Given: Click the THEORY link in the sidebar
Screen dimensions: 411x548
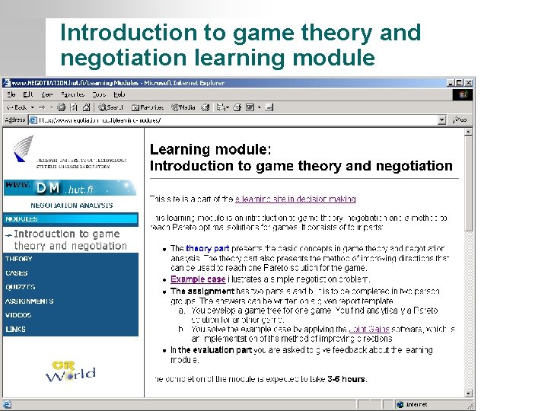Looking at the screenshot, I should [x=19, y=259].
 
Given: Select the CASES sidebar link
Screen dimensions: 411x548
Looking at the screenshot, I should [x=17, y=273].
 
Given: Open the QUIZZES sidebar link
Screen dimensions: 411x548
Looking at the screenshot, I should [x=21, y=287].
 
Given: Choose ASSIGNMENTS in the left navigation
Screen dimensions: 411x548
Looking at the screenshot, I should [x=30, y=301].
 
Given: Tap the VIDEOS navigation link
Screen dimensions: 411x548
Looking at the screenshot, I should [x=19, y=315].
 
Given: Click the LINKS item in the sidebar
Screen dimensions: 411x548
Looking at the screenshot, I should [x=16, y=330].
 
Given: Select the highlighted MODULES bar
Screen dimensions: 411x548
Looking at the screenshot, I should [x=70, y=219].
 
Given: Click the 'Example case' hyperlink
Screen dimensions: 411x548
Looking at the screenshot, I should [x=198, y=279].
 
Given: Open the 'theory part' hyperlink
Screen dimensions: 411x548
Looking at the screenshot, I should [x=208, y=249].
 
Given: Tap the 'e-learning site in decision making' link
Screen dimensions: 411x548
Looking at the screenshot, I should [x=295, y=199].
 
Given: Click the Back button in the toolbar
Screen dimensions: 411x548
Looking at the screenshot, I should [x=17, y=107].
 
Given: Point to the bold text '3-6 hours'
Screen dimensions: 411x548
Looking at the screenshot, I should [x=346, y=379].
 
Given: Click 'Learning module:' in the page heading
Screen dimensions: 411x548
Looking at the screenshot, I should [x=209, y=150].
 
